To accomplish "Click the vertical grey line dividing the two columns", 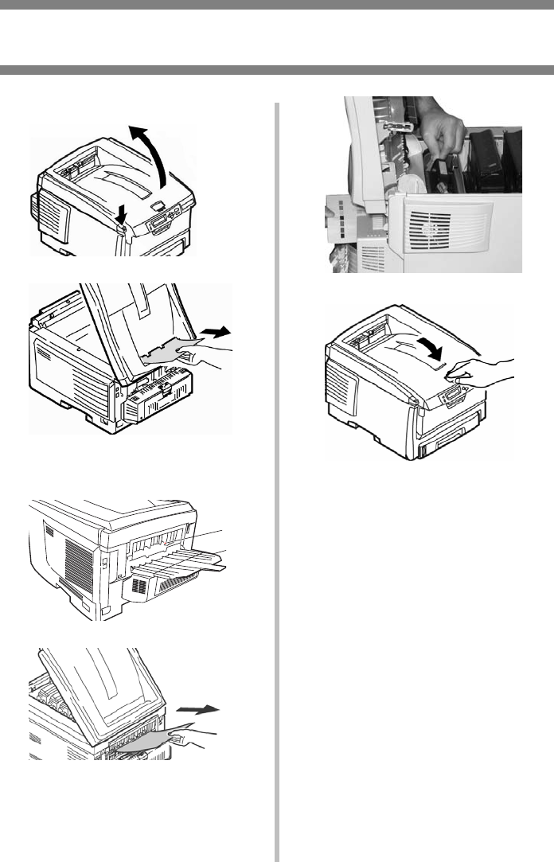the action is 278,478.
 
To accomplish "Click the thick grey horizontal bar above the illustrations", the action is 277,70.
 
